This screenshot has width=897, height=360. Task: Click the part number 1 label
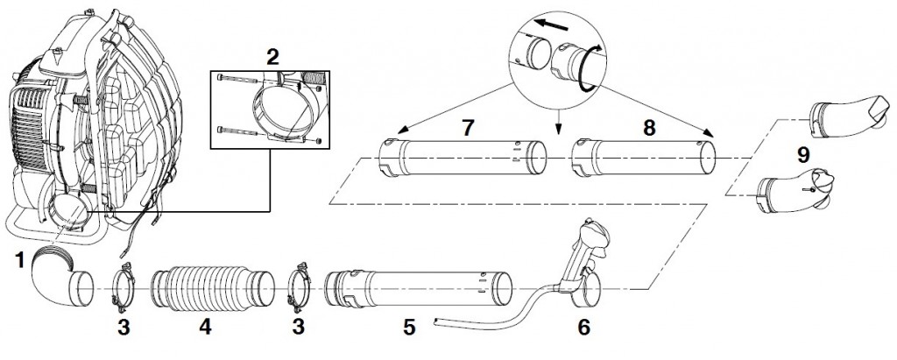[x=21, y=260]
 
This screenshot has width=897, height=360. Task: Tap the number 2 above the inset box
[x=272, y=57]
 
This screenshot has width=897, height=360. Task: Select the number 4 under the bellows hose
[x=205, y=327]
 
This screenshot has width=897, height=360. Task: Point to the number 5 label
[x=409, y=327]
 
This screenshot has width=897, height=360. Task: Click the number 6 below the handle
[x=583, y=327]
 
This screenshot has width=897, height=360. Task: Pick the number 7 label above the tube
[x=468, y=128]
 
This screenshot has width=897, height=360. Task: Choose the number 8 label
[x=649, y=128]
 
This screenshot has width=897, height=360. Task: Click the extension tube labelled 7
[x=463, y=158]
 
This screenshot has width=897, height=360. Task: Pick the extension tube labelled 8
[x=644, y=158]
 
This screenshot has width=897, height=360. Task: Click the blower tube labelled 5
[x=418, y=290]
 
